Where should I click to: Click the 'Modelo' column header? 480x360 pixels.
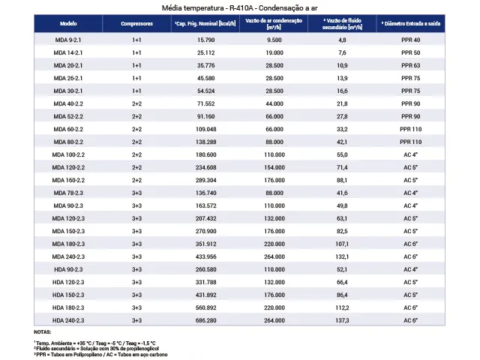click(68, 23)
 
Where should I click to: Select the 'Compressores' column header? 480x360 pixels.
click(136, 23)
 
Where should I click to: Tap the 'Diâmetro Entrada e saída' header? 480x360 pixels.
click(410, 23)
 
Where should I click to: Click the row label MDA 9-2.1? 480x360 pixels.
click(68, 40)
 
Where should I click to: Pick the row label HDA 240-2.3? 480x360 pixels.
click(68, 320)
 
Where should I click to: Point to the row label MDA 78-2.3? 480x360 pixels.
click(68, 193)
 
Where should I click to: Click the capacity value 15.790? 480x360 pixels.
click(206, 40)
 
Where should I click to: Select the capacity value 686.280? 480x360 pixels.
click(206, 320)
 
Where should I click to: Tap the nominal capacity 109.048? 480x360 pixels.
click(206, 129)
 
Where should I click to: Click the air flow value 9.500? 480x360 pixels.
click(274, 40)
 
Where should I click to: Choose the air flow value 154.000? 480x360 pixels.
click(274, 167)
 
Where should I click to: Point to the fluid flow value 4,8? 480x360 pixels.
click(342, 40)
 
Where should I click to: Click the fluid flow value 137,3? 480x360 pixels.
click(342, 320)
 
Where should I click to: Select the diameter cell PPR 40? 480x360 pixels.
click(410, 40)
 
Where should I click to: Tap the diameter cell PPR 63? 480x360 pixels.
click(410, 65)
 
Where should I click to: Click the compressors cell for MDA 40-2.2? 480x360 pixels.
click(136, 103)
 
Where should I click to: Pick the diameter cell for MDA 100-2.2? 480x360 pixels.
click(410, 154)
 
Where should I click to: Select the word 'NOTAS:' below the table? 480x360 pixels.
click(43, 332)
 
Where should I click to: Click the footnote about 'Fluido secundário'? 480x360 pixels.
click(97, 349)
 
